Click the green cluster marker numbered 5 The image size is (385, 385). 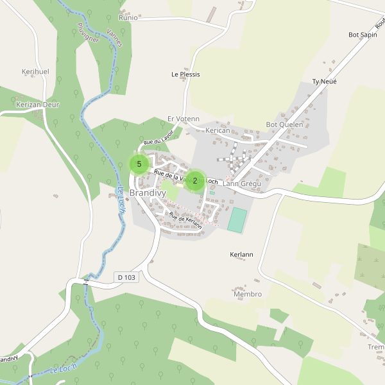coord(139,164)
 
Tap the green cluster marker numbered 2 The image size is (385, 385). coord(195,181)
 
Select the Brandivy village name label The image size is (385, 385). coord(147,193)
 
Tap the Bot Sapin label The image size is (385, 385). coord(362,35)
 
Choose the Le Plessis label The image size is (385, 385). coord(185,74)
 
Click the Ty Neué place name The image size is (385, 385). coord(324,81)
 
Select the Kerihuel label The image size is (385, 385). coord(35,72)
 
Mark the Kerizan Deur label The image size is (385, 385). coord(37,103)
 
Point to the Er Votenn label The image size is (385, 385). coord(184,119)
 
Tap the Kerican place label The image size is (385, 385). coord(218,130)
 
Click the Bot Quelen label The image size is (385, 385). coord(284,124)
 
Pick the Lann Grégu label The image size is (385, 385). coord(242,184)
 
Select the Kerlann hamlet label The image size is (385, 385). coord(241,255)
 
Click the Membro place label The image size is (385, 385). coord(248,294)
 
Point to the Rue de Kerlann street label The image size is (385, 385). coord(185,221)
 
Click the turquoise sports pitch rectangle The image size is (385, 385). coord(237,219)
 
